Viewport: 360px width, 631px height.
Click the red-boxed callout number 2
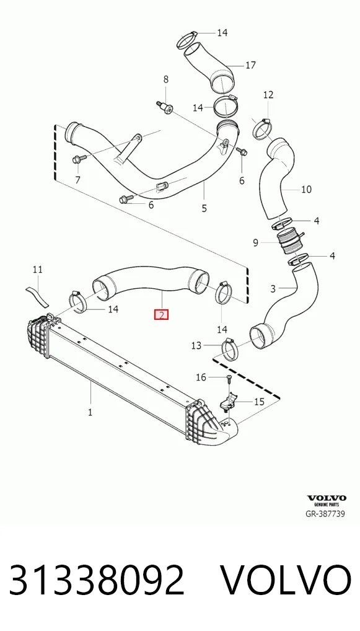point(161,315)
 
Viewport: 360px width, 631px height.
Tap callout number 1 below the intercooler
point(90,412)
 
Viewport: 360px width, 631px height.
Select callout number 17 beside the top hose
point(250,65)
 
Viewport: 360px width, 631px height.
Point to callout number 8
point(165,80)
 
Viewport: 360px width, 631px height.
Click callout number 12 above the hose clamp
point(268,95)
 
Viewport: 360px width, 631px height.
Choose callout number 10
point(307,188)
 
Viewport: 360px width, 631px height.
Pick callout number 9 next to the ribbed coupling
point(256,242)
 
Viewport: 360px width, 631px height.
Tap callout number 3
point(273,289)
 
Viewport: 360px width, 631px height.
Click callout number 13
point(196,346)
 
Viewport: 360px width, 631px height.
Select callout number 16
point(201,377)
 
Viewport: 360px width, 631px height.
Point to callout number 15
point(259,401)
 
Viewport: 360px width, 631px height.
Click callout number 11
point(37,269)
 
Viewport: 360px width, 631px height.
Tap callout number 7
point(77,180)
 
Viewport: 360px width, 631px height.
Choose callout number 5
point(204,208)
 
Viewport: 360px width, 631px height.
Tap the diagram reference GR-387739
point(325,513)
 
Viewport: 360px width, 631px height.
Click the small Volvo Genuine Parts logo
point(327,501)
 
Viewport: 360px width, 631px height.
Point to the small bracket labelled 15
point(229,402)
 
